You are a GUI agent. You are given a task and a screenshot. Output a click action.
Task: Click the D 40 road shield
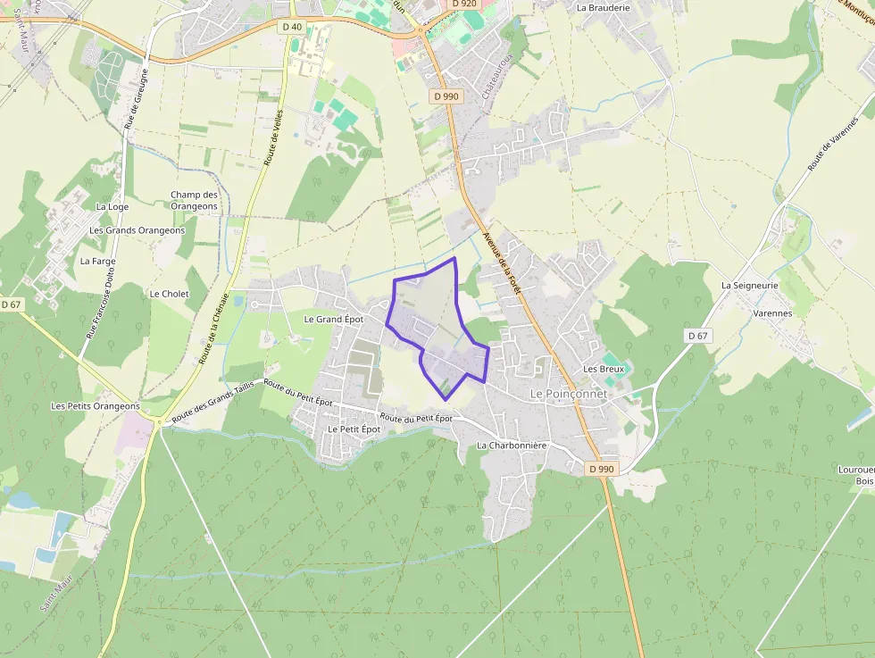point(292,27)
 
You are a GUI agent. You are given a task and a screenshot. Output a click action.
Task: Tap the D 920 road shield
point(464,4)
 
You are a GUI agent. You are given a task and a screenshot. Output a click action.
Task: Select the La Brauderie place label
point(604,7)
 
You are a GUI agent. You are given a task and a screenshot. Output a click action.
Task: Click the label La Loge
point(112,206)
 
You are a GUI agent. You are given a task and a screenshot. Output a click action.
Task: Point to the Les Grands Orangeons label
point(137,230)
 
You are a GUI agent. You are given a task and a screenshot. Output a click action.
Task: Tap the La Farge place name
point(98,262)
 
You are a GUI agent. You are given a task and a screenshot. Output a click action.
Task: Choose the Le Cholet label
point(170,294)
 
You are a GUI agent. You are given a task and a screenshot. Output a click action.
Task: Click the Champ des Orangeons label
point(194,201)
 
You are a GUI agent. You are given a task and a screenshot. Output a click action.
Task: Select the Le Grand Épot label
point(334,319)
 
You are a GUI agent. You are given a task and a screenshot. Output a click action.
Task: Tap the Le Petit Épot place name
point(354,429)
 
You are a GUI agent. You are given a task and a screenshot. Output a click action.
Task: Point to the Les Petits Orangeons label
point(96,406)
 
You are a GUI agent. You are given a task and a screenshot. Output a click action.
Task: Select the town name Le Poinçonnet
point(569,394)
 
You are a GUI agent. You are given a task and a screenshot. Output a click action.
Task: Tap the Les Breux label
point(604,369)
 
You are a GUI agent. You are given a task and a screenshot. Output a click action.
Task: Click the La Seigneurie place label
point(750,286)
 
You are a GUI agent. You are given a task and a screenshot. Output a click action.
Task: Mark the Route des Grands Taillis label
point(212,400)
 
